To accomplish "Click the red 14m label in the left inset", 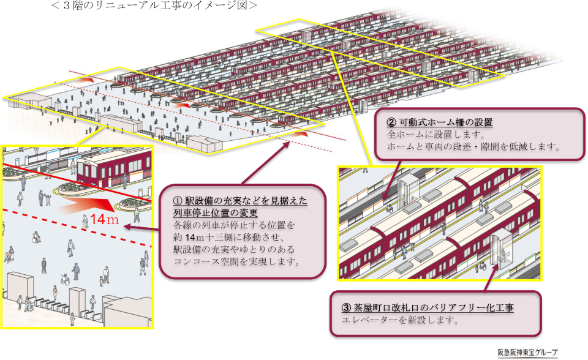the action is [x=100, y=219].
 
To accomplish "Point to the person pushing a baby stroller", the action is [x=9, y=254].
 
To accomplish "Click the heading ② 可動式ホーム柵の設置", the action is [x=440, y=122].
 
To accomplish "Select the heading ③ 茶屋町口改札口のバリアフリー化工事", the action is [x=428, y=308].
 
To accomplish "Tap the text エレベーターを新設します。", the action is [x=400, y=320].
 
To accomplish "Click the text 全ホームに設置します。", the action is [x=436, y=134].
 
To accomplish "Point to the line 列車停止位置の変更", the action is [x=216, y=212].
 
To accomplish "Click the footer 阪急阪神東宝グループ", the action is [x=527, y=352].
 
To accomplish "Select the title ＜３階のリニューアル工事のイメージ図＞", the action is [x=154, y=6].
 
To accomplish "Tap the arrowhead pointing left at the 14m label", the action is [x=126, y=227].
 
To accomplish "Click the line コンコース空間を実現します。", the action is [x=237, y=261].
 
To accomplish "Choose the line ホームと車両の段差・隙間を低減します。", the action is [x=473, y=146].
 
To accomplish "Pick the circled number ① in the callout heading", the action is [x=178, y=201].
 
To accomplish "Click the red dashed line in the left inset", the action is [x=77, y=228].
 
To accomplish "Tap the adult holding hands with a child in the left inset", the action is [x=41, y=198].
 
